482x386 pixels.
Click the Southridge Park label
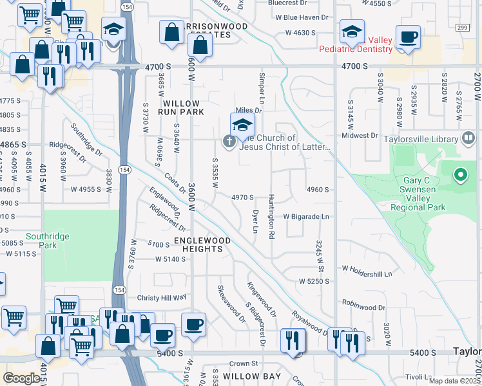click(47, 241)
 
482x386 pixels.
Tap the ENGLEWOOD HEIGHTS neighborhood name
click(202, 244)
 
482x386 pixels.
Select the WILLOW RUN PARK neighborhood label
click(184, 107)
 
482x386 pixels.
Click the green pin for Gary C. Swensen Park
click(460, 174)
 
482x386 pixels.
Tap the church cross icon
click(228, 141)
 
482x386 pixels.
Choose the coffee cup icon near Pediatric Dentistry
click(407, 37)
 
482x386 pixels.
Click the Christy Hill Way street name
click(162, 298)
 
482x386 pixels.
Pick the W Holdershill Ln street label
click(367, 271)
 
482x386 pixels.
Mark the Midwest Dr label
click(360, 136)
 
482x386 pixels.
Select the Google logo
click(21, 378)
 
